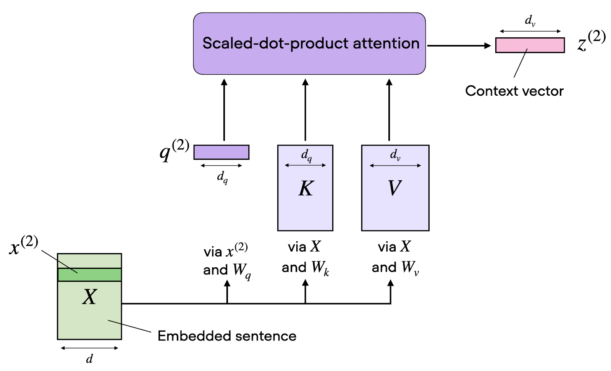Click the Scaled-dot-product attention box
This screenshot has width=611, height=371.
point(309,43)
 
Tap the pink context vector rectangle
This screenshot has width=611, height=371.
point(530,45)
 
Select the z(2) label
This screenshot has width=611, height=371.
point(591,41)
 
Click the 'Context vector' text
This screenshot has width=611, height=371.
point(514,91)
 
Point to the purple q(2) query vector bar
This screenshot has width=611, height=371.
point(221,152)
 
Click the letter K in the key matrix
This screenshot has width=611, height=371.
point(306,188)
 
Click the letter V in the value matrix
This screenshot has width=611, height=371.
point(394,188)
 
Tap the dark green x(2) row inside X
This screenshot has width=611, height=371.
point(90,275)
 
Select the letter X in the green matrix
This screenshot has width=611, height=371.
point(90,297)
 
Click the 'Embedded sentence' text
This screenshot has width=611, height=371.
point(227,336)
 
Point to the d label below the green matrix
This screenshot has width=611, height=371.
point(89,359)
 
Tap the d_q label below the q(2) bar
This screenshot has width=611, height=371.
point(222,177)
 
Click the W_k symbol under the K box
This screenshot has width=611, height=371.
point(320,268)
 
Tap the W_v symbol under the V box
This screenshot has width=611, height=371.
point(409,268)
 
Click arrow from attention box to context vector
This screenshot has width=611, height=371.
point(458,46)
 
